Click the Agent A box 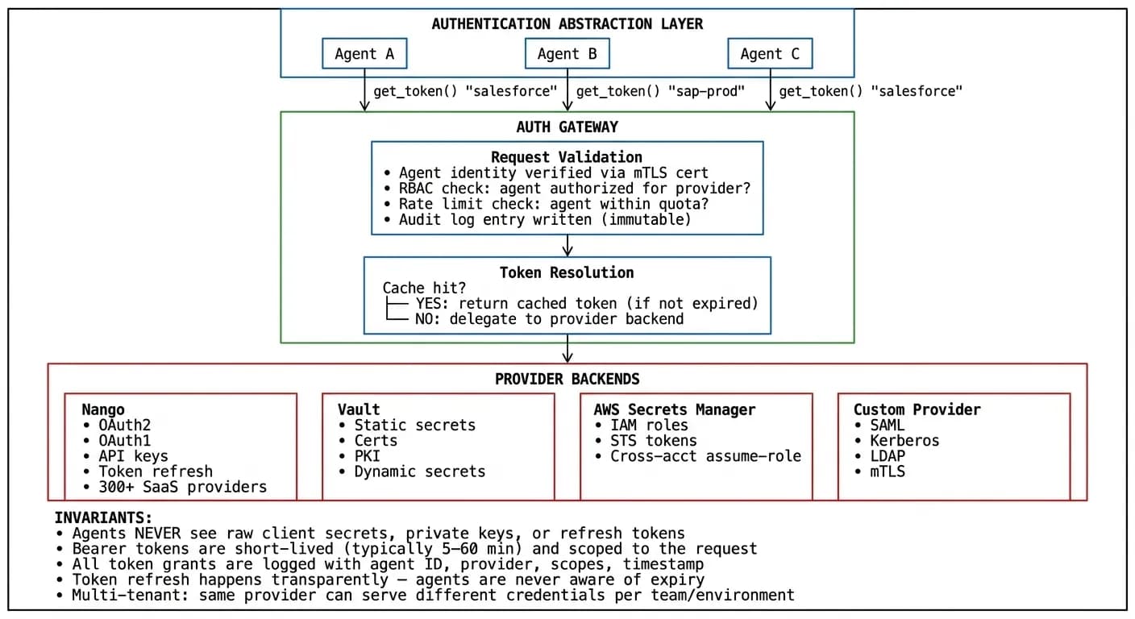click(x=364, y=54)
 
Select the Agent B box click(x=567, y=54)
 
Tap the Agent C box click(x=770, y=54)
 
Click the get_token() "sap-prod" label click(x=659, y=91)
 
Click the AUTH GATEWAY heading click(x=567, y=127)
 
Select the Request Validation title click(x=567, y=157)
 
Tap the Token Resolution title click(x=567, y=272)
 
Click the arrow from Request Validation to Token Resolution click(x=567, y=245)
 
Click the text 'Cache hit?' click(x=424, y=288)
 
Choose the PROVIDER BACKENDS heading click(x=567, y=379)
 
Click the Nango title click(x=103, y=409)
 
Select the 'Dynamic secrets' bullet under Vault click(x=419, y=472)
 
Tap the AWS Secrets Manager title click(x=675, y=409)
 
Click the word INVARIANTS click(x=103, y=517)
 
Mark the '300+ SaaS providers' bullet click(x=182, y=487)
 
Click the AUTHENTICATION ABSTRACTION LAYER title click(x=567, y=24)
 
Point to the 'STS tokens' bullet click(x=653, y=441)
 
